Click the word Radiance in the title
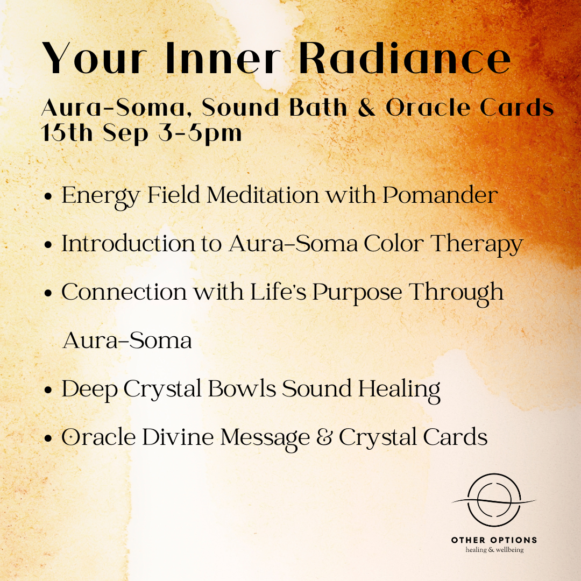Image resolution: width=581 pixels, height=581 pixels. point(405,58)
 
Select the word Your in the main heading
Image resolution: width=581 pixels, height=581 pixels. point(95,58)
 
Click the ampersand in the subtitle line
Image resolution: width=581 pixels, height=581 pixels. point(366,108)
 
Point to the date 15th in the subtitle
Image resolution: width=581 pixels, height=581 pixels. point(67,133)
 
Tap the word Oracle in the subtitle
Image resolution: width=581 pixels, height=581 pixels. point(428,108)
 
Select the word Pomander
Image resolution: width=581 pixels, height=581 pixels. point(440,195)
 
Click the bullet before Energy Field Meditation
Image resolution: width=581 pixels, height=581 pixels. point(48,196)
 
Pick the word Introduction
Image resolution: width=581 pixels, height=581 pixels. point(129,244)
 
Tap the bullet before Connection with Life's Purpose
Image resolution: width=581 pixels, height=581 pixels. point(48,293)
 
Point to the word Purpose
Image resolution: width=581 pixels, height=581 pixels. point(357,293)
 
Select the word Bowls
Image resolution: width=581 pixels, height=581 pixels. point(242,388)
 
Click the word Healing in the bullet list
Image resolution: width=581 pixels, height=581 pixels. point(399,390)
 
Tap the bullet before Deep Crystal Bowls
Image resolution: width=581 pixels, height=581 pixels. point(48,390)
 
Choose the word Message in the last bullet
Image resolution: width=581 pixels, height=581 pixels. point(265,438)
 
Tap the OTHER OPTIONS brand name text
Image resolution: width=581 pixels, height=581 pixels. point(494,540)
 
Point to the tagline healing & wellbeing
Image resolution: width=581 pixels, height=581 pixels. point(494,550)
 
